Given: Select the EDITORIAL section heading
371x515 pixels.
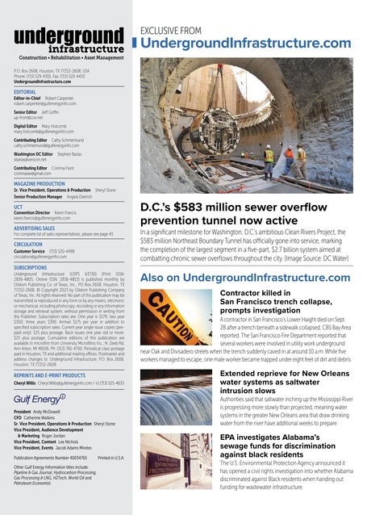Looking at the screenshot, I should (x=27, y=92).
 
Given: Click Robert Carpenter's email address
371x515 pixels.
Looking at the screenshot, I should (x=47, y=104).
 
